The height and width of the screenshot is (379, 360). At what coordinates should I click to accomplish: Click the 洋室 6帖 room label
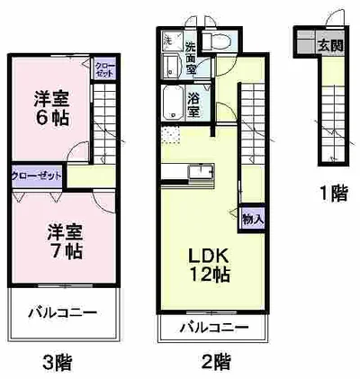point(51,108)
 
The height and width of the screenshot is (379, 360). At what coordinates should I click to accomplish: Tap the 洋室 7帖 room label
point(65,240)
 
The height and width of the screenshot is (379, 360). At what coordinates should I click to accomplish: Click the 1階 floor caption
point(332,193)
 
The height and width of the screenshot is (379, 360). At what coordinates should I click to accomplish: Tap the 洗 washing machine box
point(168,41)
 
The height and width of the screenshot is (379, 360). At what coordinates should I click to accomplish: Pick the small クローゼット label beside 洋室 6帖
point(106,71)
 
